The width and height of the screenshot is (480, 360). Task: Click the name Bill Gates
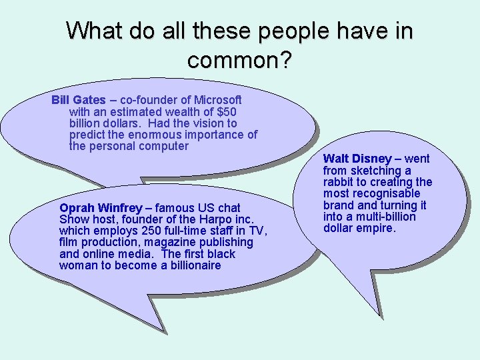pyautogui.click(x=79, y=101)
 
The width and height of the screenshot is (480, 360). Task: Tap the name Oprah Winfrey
pyautogui.click(x=100, y=208)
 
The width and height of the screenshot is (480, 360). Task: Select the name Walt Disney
pyautogui.click(x=357, y=159)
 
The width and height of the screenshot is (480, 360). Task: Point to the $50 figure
pyautogui.click(x=227, y=112)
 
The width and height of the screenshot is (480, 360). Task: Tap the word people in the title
pyautogui.click(x=289, y=31)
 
